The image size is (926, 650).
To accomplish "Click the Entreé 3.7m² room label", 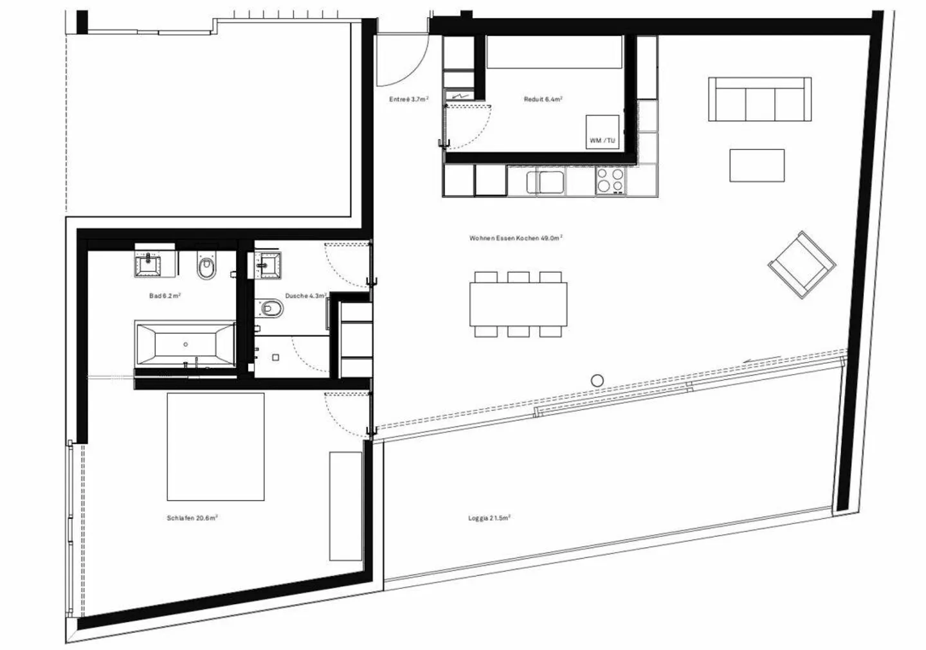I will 408,100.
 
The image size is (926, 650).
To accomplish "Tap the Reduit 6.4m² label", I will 543,100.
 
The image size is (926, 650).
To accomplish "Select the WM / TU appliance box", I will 603,132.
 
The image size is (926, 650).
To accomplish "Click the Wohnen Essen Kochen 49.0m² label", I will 516,238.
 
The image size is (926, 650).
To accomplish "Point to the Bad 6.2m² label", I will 164,296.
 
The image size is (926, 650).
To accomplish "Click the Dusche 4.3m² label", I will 305,296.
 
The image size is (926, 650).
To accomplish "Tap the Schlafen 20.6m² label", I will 192,518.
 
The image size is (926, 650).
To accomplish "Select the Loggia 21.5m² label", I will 489,518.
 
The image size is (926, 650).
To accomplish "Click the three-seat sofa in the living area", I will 759,99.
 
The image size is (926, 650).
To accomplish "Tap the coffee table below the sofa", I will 757,165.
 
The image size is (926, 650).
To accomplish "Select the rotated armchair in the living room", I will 802,264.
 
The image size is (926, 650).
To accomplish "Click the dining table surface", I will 518,304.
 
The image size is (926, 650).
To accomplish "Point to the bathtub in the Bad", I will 185,344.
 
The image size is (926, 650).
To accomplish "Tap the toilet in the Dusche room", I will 272,309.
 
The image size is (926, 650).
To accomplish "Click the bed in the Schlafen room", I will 215,446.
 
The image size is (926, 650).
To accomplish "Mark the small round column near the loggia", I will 597,381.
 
